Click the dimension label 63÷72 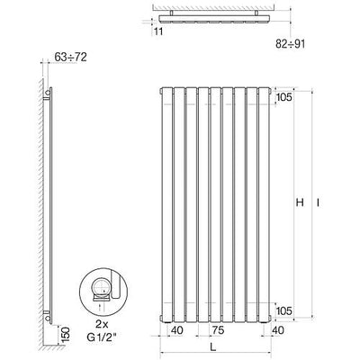tap(71, 57)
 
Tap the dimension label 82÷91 tap(290, 44)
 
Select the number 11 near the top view tap(158, 31)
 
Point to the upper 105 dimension tap(283, 97)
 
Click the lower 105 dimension tap(283, 310)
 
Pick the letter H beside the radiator tap(300, 203)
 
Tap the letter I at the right tap(318, 203)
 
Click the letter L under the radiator tap(212, 347)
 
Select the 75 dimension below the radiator tap(218, 330)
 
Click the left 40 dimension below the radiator tap(176, 330)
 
